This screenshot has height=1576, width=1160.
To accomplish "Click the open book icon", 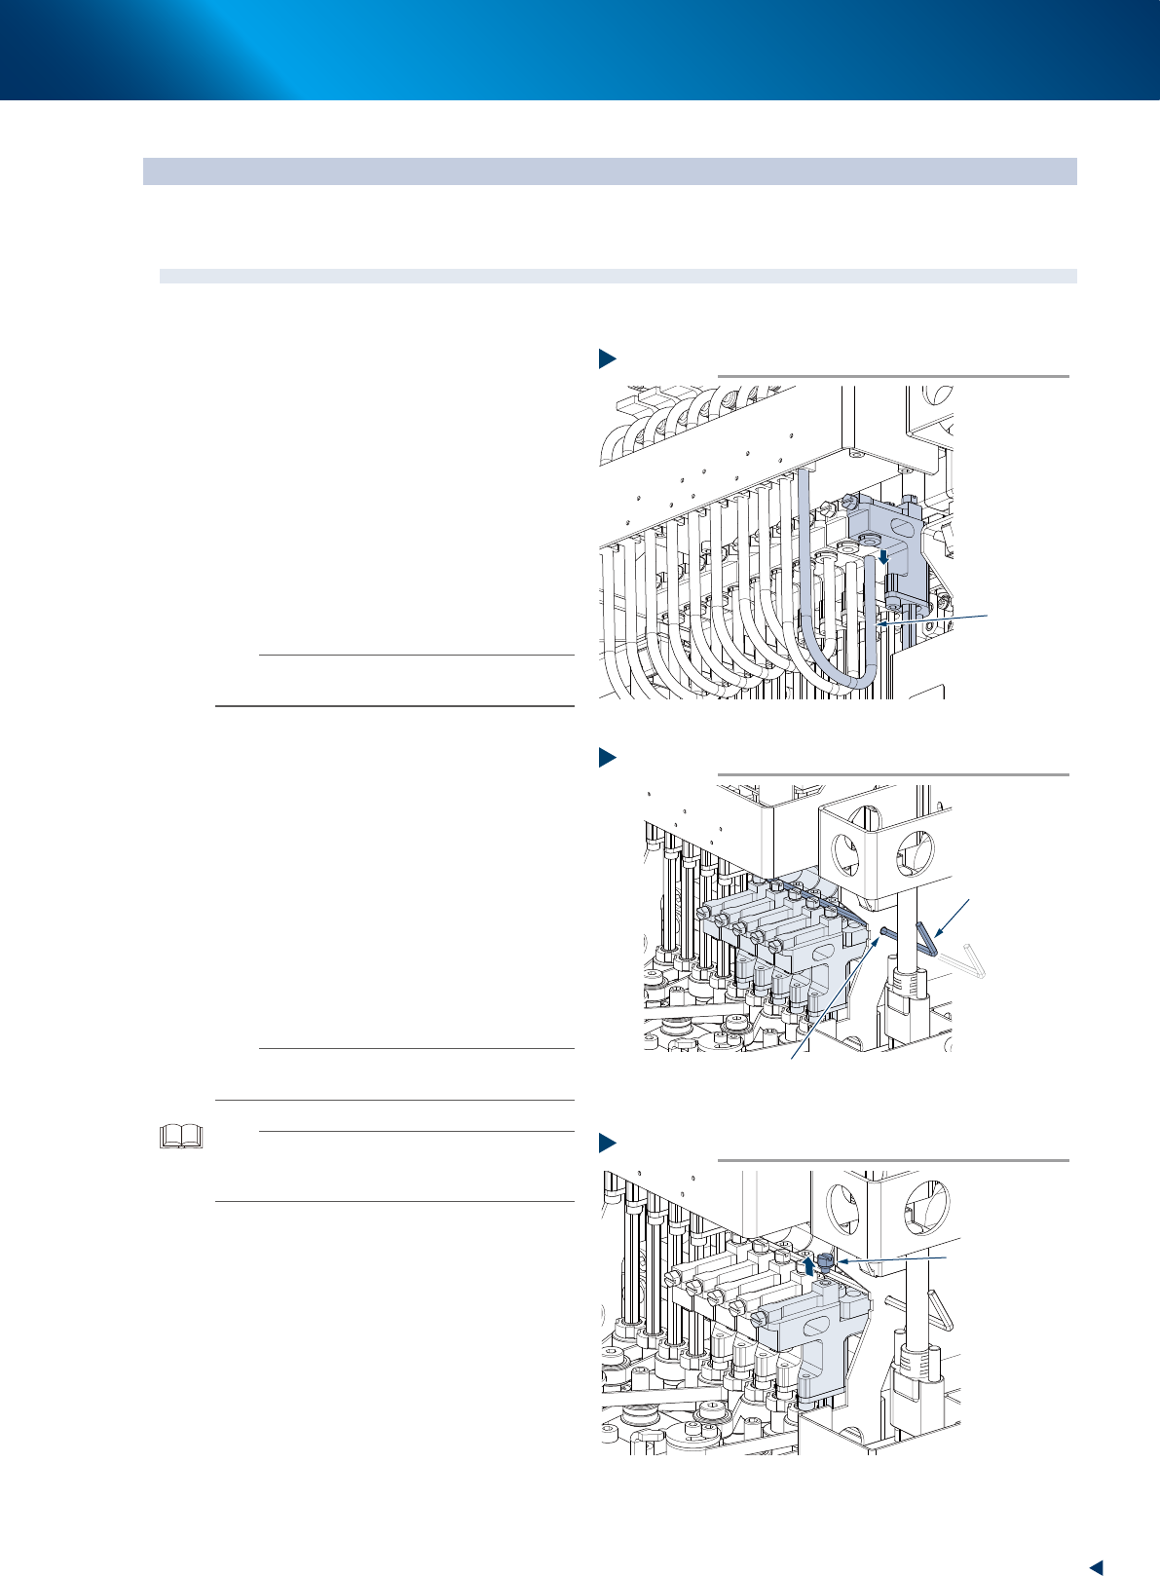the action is click(181, 1136).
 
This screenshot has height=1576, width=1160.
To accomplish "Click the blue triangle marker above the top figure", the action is click(607, 358).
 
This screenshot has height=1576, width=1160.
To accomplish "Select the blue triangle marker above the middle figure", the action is click(607, 757).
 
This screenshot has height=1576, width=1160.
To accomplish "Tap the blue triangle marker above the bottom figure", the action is click(607, 1142).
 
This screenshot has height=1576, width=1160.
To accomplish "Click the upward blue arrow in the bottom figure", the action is click(807, 1266).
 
